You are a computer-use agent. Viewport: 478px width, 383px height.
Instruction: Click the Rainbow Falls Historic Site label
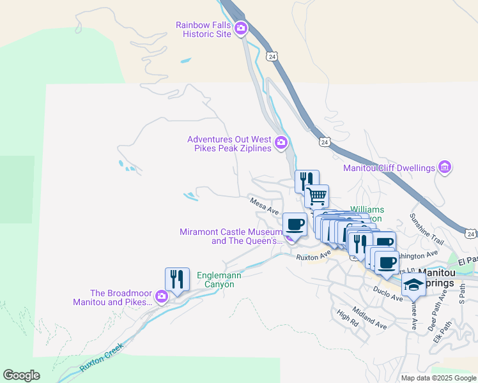tap(203, 29)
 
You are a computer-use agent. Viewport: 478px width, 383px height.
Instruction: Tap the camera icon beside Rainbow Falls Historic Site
tap(241, 27)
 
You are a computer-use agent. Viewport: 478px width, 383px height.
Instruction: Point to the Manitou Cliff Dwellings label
tap(389, 169)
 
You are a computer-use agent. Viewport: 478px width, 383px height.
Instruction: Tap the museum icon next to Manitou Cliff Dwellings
tap(445, 168)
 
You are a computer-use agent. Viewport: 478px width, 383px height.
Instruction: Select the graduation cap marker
tap(413, 285)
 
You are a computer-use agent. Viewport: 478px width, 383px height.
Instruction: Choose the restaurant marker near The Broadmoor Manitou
tap(177, 279)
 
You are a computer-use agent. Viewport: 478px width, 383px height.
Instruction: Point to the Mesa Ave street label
tap(265, 206)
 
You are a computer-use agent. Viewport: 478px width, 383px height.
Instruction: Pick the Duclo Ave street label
tap(388, 293)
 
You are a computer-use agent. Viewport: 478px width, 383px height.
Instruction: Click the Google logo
tap(21, 375)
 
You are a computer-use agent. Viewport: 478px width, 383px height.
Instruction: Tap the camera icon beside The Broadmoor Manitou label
tap(162, 296)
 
